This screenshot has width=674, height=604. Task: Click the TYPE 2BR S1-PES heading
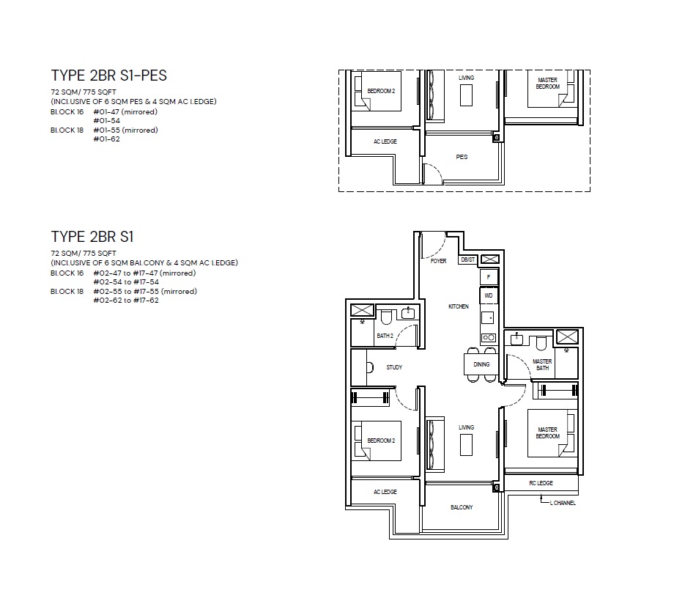(x=108, y=75)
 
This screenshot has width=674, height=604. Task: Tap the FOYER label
(x=438, y=261)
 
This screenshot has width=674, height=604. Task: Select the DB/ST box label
(x=467, y=259)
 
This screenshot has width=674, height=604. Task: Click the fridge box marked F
(x=489, y=277)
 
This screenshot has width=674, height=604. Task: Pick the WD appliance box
(x=489, y=295)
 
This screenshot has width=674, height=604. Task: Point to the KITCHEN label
(x=459, y=306)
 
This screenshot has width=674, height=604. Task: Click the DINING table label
(x=481, y=364)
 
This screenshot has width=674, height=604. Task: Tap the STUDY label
(x=394, y=367)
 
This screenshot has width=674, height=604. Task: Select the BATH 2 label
(x=385, y=336)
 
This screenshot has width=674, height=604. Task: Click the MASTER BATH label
(x=542, y=365)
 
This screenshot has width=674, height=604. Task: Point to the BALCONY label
(x=462, y=507)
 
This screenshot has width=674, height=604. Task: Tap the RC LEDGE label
(x=541, y=483)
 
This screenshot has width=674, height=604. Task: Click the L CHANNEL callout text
(x=563, y=503)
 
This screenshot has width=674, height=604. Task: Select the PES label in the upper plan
(x=462, y=157)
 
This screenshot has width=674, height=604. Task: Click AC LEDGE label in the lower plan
(x=385, y=492)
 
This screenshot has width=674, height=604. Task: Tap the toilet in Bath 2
(x=386, y=317)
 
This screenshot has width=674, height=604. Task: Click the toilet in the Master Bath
(x=541, y=343)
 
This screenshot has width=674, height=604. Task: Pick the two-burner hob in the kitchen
(x=489, y=338)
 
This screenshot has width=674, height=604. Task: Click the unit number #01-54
(x=107, y=121)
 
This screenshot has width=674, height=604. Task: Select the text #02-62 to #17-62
(x=126, y=301)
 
